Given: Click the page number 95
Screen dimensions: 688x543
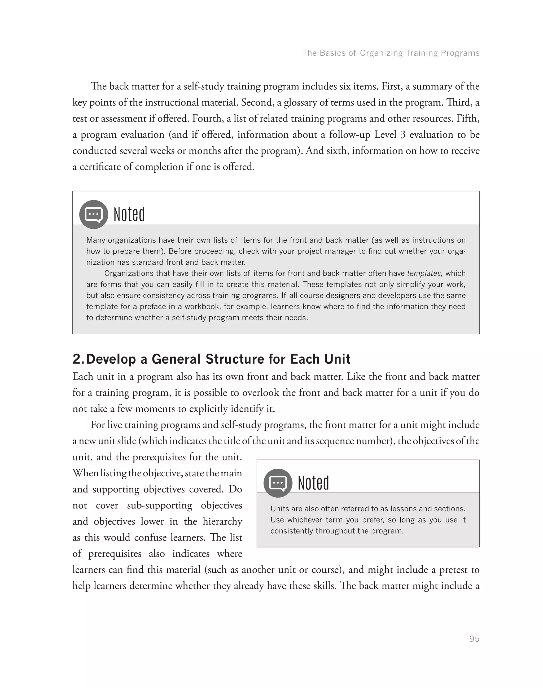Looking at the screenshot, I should (474, 639).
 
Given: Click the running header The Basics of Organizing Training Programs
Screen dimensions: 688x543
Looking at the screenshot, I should (391, 53).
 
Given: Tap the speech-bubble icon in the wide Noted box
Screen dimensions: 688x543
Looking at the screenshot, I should (94, 214).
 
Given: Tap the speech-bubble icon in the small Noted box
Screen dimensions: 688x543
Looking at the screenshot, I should (278, 483).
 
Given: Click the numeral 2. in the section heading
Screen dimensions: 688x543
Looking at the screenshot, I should (78, 359).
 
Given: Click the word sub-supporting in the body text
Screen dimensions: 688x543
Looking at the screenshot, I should (160, 506).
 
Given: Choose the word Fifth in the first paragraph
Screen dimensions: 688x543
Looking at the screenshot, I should (468, 119).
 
